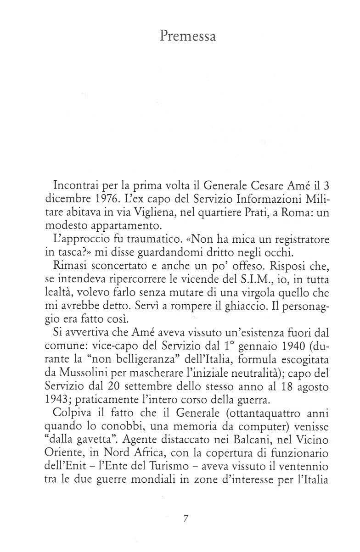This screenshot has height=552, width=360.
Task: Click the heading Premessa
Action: tap(188, 36)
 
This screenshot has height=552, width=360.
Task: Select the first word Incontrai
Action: tap(76, 187)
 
